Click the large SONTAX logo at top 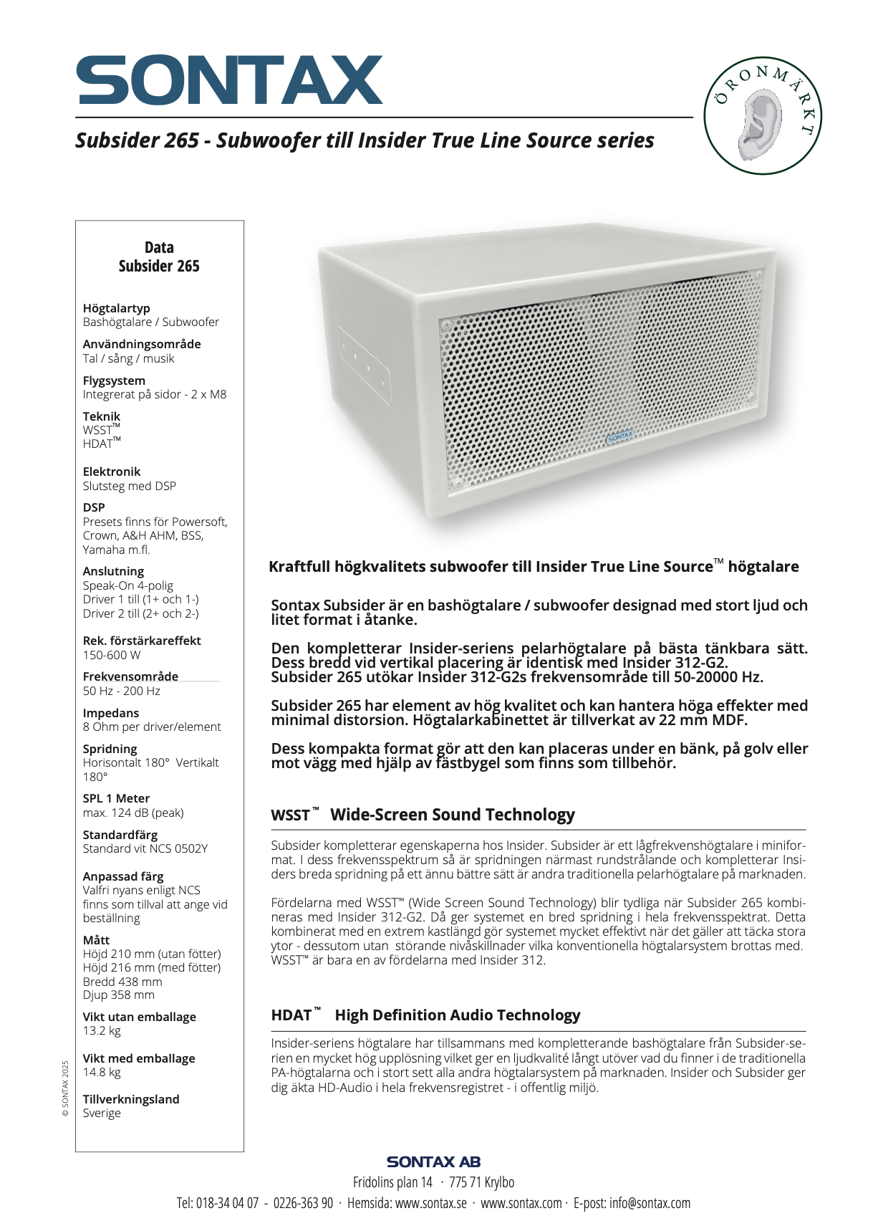(x=230, y=80)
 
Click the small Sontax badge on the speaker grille (x=620, y=436)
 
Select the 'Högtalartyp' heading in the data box (x=116, y=308)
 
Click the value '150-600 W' (x=112, y=655)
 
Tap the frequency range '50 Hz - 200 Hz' (x=122, y=691)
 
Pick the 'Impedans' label (x=111, y=713)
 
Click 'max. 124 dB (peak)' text (x=133, y=813)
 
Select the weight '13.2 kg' (x=102, y=1030)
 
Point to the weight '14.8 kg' (x=102, y=1072)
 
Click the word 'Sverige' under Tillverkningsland (x=102, y=1113)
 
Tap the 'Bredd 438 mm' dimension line (x=122, y=982)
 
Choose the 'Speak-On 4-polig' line (x=128, y=585)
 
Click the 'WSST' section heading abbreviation (x=291, y=815)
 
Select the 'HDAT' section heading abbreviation (x=291, y=1015)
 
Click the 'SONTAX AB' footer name (x=433, y=1161)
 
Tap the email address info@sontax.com (x=650, y=1203)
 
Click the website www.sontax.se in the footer (x=431, y=1203)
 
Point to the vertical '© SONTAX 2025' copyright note (x=65, y=1088)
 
